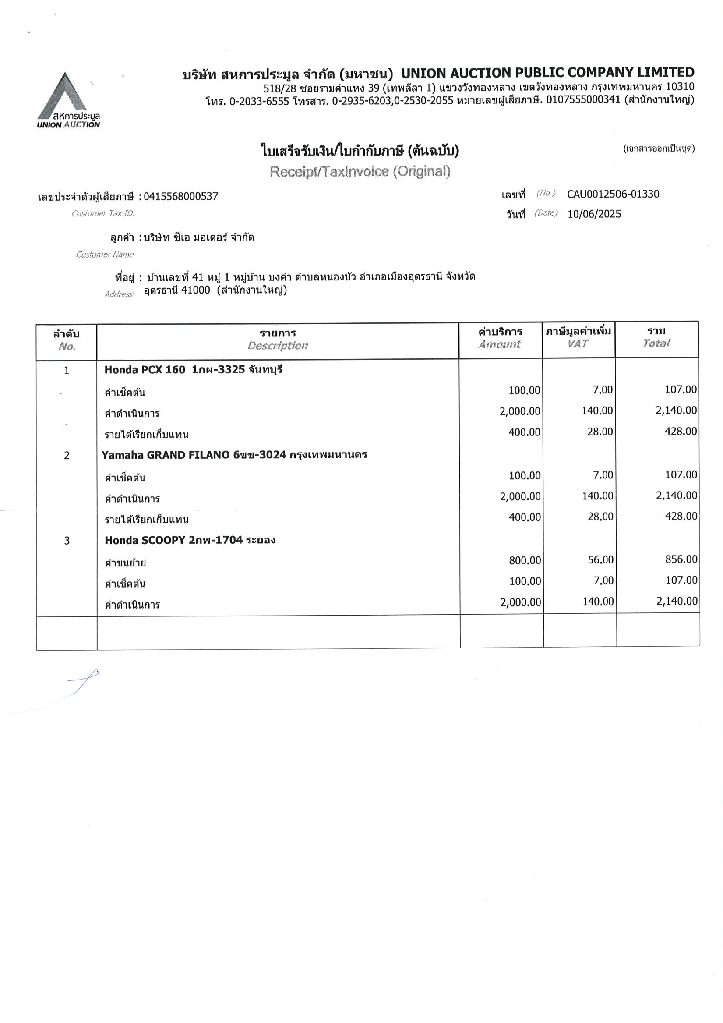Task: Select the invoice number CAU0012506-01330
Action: [x=613, y=194]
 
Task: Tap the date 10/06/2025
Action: [x=594, y=214]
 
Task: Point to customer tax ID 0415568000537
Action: [x=180, y=196]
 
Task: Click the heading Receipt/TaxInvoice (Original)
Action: [x=360, y=172]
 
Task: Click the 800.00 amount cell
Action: [x=525, y=560]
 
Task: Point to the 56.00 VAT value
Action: [x=600, y=559]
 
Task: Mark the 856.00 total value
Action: [x=681, y=559]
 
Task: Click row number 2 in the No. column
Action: [x=67, y=455]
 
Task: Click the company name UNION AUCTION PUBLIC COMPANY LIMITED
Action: [x=547, y=73]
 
